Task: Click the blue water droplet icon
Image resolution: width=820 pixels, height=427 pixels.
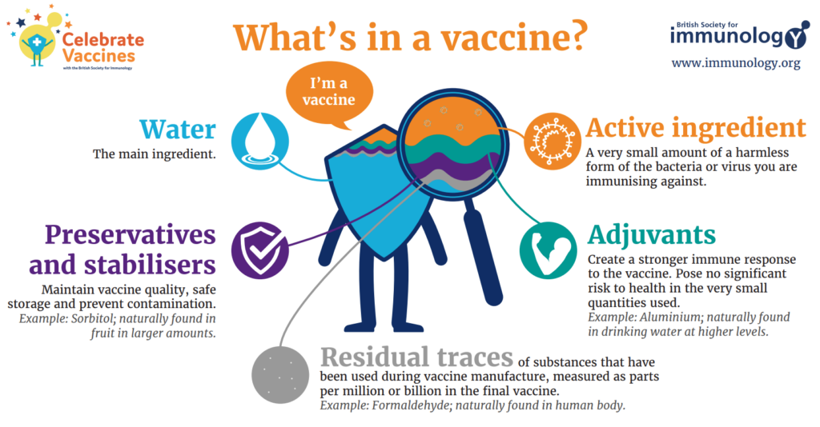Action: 260,141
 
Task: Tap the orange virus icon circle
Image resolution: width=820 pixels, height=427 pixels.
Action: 553,141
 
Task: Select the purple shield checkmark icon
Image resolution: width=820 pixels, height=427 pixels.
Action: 260,250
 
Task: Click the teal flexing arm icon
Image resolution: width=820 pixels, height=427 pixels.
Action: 548,250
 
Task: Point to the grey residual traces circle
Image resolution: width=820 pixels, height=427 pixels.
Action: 279,375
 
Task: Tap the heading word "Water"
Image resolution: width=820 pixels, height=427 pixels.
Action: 178,130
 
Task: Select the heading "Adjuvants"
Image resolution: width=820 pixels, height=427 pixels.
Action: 652,235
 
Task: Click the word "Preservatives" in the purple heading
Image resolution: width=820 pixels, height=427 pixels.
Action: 131,235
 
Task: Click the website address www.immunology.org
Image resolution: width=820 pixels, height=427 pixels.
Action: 736,63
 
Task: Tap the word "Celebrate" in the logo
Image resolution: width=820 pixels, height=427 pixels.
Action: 103,39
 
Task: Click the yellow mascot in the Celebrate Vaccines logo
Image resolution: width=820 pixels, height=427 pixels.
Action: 38,43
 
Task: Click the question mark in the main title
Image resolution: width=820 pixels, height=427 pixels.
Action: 576,36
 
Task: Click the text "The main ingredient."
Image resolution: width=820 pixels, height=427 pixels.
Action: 155,154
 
